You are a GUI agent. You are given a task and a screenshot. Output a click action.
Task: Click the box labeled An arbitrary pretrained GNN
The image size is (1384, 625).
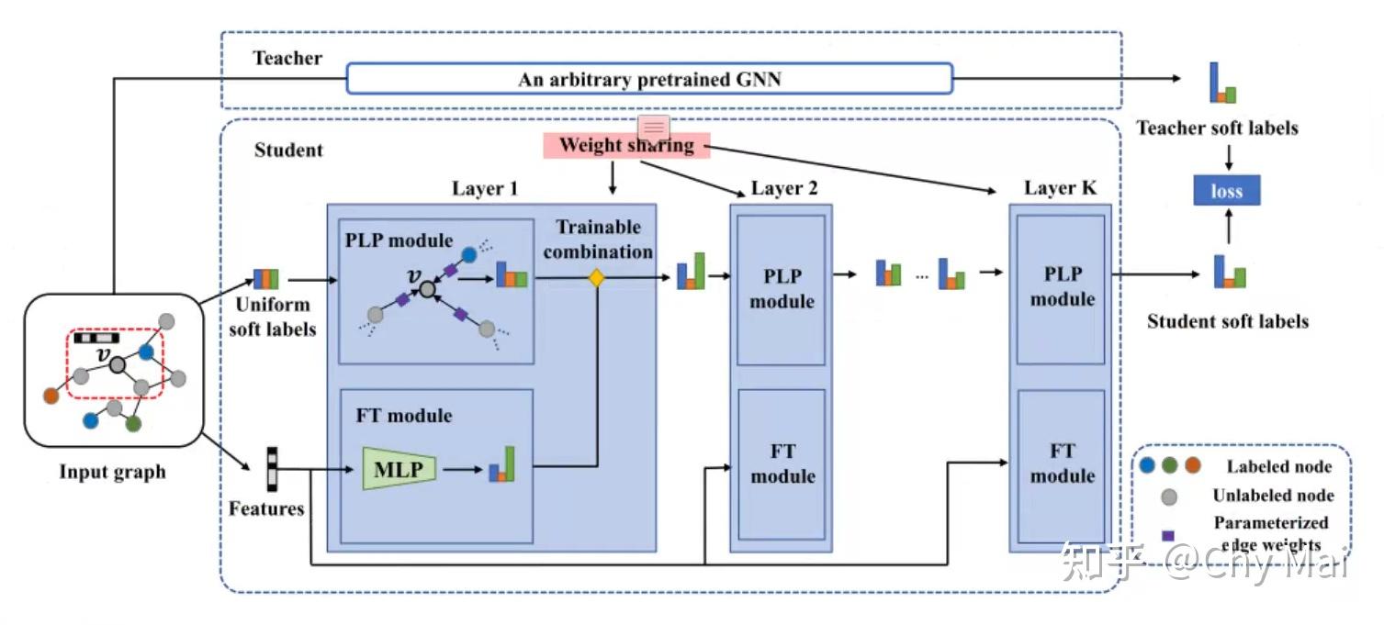[x=649, y=79]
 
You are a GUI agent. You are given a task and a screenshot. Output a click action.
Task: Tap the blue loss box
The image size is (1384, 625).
[x=1226, y=191]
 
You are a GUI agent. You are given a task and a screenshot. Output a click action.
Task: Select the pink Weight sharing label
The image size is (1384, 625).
[x=626, y=145]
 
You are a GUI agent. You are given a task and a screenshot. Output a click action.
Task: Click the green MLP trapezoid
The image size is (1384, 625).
[x=399, y=470]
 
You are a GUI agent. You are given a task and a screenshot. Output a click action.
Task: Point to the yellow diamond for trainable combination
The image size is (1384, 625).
[x=596, y=277]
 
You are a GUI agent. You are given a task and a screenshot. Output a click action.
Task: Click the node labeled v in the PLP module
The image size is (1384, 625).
[x=427, y=289]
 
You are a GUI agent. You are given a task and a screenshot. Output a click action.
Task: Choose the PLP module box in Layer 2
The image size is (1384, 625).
[x=782, y=289]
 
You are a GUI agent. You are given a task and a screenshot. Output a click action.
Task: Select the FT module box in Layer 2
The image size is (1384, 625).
[x=782, y=463]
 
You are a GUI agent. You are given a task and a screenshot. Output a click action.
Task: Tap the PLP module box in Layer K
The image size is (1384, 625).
[x=1062, y=287]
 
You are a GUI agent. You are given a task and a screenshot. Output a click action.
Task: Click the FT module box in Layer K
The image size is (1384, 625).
[x=1062, y=463]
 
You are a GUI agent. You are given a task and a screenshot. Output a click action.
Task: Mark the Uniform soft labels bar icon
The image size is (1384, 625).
[x=266, y=279]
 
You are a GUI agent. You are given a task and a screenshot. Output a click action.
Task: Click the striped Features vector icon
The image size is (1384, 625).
[x=272, y=469]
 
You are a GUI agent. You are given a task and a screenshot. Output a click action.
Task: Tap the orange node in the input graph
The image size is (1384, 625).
[x=51, y=396]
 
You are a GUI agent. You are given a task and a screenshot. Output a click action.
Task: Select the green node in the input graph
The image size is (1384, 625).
[x=133, y=424]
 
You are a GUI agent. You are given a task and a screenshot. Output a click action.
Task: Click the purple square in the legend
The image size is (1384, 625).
[x=1167, y=535]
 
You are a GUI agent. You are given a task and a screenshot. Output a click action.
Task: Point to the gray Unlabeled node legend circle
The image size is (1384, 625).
[x=1168, y=497]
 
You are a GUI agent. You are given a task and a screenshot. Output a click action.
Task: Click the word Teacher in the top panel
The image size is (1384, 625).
[x=287, y=59]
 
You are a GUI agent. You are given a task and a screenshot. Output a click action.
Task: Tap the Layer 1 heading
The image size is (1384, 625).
[x=484, y=189]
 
